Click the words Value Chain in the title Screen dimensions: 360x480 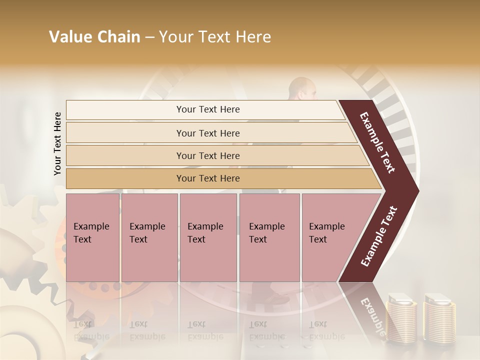click(94, 37)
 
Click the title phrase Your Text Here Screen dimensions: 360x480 click(215, 37)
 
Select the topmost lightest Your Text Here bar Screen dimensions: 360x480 click(208, 109)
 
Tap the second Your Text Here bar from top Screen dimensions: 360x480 click(208, 133)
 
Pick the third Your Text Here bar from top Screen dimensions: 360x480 click(208, 155)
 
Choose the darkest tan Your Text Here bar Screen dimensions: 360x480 click(208, 178)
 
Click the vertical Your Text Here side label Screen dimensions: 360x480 click(57, 143)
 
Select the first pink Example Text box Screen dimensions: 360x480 click(92, 237)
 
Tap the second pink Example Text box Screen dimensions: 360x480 click(149, 237)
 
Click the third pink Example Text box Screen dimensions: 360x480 click(207, 237)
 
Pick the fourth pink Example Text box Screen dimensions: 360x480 click(269, 237)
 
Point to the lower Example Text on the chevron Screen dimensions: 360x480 click(379, 236)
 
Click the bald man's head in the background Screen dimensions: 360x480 click(303, 89)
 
